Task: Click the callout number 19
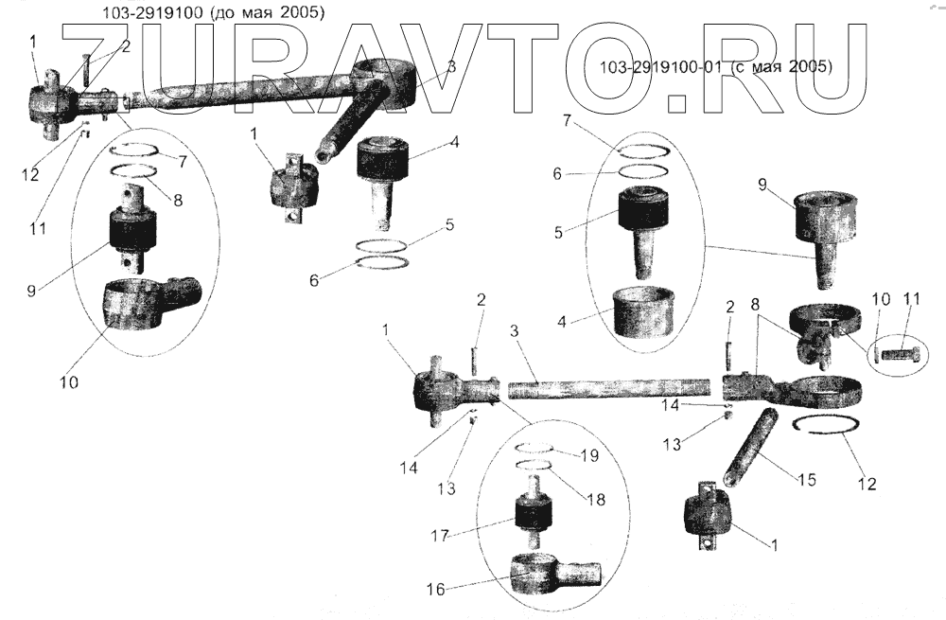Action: (x=589, y=455)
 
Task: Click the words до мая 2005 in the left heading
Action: (x=269, y=14)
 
